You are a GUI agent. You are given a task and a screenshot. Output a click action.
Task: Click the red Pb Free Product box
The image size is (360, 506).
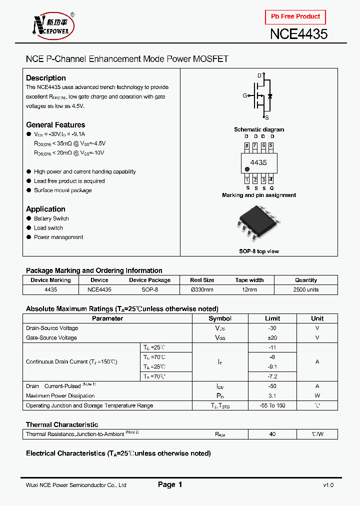pos(295,16)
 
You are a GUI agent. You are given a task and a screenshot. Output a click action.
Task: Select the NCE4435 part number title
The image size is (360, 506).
pos(298,34)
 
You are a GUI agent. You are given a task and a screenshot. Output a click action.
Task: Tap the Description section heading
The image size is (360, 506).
pos(46,78)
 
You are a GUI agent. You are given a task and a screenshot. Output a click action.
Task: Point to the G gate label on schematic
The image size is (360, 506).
pos(245,95)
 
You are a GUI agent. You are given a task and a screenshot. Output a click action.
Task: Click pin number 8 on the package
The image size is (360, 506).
pos(246,146)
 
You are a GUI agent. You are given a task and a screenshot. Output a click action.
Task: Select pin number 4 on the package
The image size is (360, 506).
pos(271,179)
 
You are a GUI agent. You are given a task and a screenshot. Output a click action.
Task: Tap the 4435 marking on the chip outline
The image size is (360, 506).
pos(258,162)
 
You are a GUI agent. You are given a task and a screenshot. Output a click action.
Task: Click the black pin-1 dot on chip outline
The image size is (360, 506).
pos(247,169)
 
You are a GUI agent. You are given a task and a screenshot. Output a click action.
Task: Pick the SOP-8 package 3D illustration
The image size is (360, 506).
pos(258,225)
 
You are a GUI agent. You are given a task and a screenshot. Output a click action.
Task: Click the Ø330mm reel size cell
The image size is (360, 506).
pos(202,289)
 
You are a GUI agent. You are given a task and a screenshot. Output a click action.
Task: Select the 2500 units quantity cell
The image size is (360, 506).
pos(306,289)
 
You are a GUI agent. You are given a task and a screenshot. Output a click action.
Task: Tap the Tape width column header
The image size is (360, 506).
pos(249,280)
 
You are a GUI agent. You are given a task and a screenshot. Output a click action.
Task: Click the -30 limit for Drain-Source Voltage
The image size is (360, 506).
pos(272,328)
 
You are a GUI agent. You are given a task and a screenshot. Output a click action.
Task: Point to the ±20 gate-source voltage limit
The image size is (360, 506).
pos(272,337)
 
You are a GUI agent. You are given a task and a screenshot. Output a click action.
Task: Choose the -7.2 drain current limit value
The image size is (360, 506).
pos(272,376)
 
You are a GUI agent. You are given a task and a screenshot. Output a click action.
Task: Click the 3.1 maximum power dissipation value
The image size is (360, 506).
pos(272,395)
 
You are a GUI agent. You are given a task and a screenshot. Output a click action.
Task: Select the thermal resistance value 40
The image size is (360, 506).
pos(272,434)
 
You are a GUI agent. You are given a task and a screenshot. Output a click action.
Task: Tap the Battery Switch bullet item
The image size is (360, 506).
pos(51,218)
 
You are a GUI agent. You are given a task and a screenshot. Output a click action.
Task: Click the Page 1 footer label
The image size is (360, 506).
pos(170,484)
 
